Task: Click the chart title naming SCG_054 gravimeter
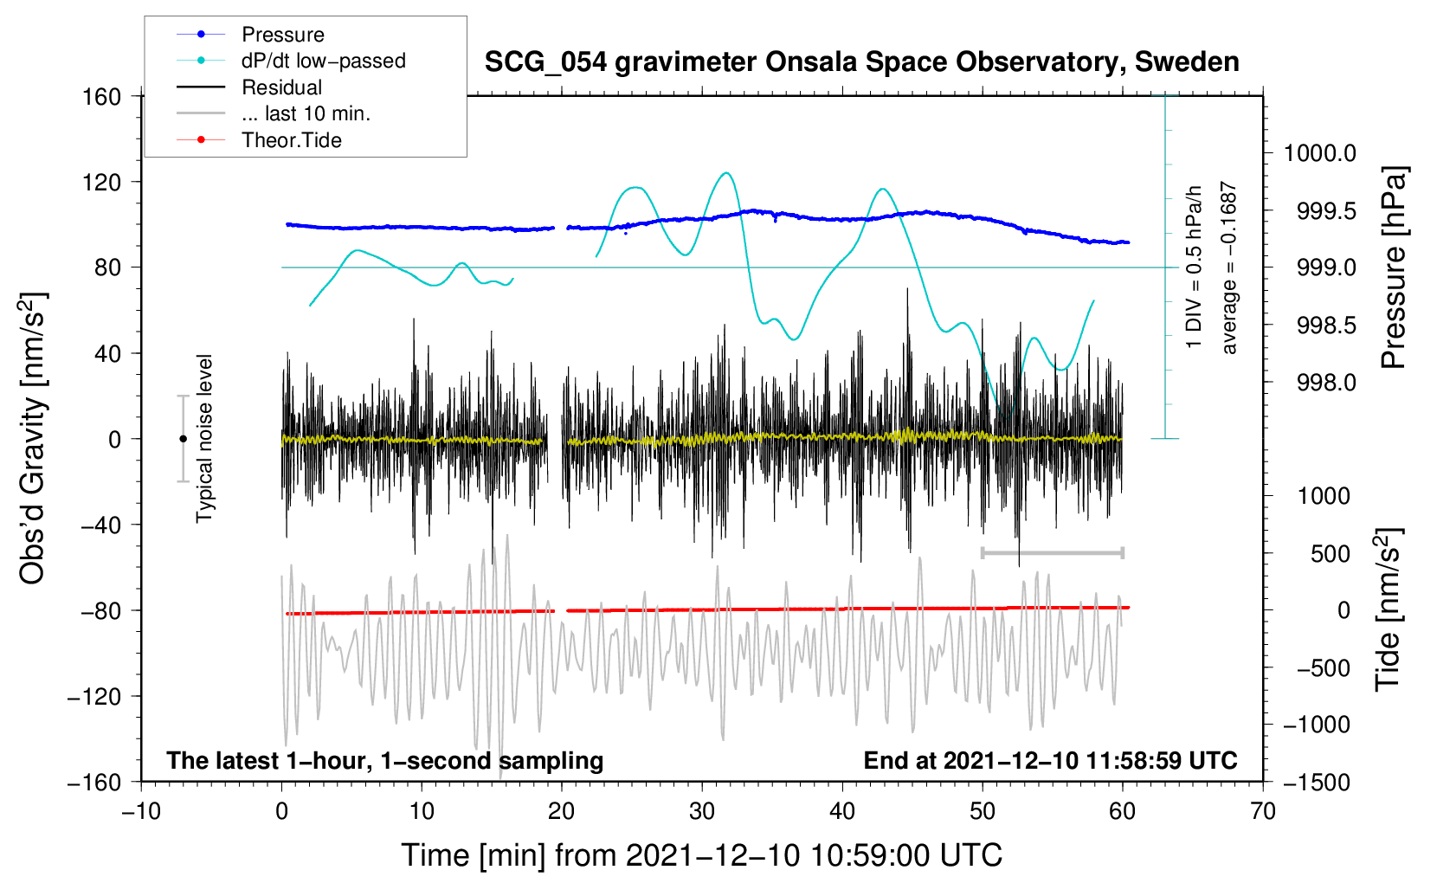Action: pos(861,62)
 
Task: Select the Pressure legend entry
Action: pos(282,35)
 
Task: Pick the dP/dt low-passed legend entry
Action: pos(323,61)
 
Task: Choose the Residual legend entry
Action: pos(281,87)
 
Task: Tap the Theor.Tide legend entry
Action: pos(291,140)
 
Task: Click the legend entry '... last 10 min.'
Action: pos(306,113)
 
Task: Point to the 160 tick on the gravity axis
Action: pos(102,96)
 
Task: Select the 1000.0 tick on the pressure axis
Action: pos(1319,153)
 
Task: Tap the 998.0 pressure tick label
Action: pos(1326,382)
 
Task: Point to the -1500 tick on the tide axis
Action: pos(1316,782)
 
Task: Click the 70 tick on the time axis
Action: pos(1263,811)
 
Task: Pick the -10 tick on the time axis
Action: pos(141,811)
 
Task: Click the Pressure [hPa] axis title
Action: pos(1393,267)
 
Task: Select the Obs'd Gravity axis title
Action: pos(32,438)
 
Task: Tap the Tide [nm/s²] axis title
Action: pos(1388,609)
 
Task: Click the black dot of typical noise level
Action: pos(183,439)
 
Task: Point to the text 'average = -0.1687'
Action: pos(1229,267)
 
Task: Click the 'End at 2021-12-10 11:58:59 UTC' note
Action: pos(1050,760)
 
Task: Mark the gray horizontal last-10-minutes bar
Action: pos(1052,552)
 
